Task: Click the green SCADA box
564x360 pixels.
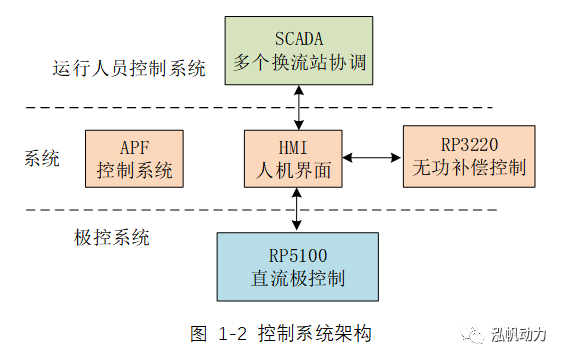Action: pos(297,50)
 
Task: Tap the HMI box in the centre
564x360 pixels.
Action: pos(296,158)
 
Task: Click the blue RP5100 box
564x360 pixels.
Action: pos(297,266)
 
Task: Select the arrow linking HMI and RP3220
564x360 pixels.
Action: pos(373,157)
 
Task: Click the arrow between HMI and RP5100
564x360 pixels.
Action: pos(297,210)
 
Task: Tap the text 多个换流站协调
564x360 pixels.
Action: pos(298,63)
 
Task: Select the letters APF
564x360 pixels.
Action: pos(135,146)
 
